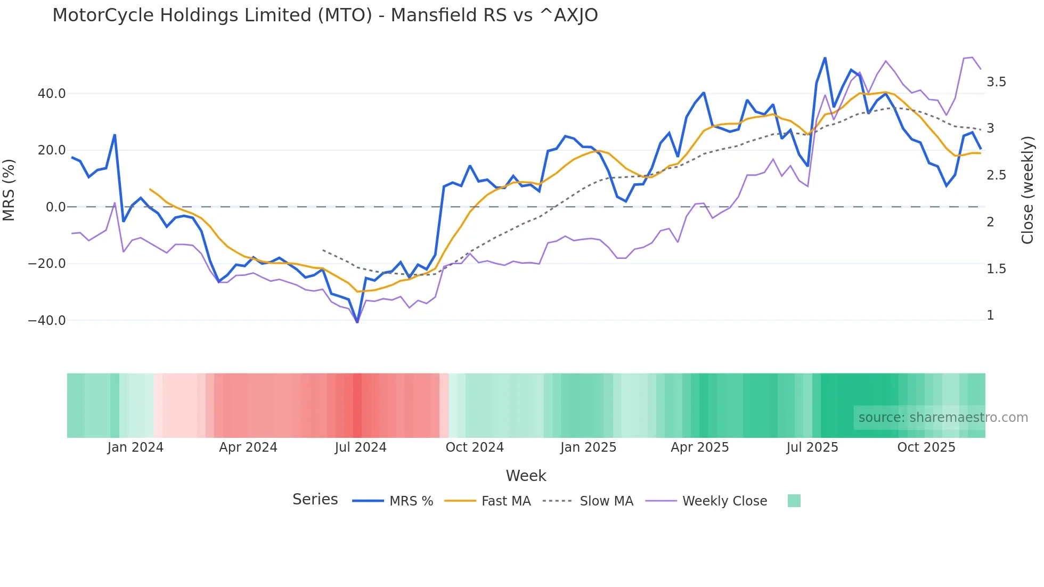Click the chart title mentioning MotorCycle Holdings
(325, 15)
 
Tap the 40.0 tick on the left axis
(51, 94)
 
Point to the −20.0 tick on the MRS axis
(47, 264)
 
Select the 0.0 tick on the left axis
(55, 207)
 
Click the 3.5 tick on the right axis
(996, 82)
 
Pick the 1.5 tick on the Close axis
(996, 269)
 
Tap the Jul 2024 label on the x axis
(361, 447)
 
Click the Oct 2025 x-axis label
(926, 447)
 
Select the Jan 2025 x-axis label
(588, 447)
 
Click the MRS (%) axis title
(9, 190)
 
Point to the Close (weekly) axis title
(1027, 190)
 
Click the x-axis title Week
(526, 476)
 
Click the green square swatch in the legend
(794, 501)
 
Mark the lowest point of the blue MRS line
(357, 322)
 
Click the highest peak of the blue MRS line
(825, 58)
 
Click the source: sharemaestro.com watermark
(943, 418)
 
